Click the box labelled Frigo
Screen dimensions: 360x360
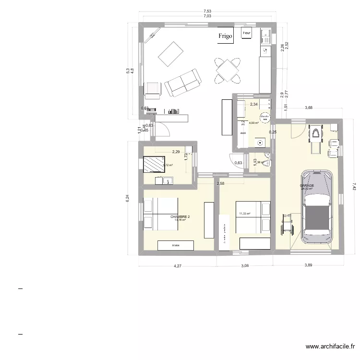tap(226, 36)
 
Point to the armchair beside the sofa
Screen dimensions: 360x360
tap(153, 89)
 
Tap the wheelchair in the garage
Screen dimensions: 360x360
tap(286, 224)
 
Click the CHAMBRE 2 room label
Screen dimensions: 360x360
tap(180, 217)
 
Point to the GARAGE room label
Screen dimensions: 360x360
tap(307, 185)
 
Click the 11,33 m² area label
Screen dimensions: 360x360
tap(245, 214)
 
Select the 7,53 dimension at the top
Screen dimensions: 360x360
tap(207, 11)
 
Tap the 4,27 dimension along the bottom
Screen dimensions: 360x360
tap(177, 265)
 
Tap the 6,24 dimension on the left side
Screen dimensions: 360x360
tap(128, 198)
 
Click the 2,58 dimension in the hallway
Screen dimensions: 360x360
tap(220, 183)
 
